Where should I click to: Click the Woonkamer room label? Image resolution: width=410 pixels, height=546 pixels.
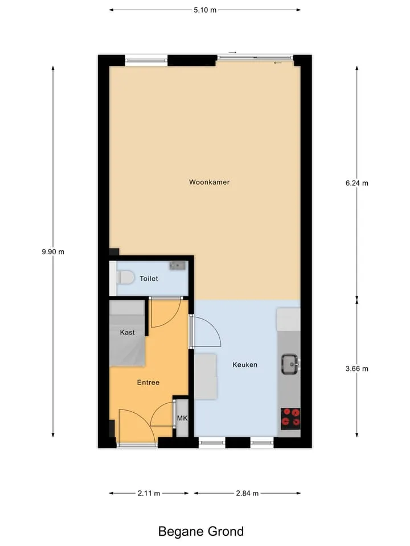pos(209,182)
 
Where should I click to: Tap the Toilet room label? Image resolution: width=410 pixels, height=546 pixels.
pos(149,279)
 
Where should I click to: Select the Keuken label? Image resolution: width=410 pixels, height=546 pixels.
pos(245,365)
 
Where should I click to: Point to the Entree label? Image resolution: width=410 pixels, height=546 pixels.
pos(148,382)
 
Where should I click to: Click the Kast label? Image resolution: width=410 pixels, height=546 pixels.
pos(127,332)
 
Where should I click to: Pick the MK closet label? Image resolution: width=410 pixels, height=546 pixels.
pos(182,418)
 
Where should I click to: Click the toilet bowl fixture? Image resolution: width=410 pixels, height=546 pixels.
pos(125,278)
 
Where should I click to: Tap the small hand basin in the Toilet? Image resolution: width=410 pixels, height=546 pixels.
pos(178,266)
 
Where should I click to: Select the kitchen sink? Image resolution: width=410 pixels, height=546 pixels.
pos(290,364)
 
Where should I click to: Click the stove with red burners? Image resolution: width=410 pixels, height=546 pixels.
pos(290,419)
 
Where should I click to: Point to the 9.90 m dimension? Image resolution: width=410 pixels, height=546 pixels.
pos(53,252)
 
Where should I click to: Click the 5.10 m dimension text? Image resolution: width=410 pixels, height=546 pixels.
pos(205,10)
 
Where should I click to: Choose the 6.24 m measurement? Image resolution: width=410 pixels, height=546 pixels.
pos(357,183)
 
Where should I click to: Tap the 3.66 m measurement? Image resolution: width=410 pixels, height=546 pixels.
pos(357,369)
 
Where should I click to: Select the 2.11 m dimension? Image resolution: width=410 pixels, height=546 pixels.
pos(149,494)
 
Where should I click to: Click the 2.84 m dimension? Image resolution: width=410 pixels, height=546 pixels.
pos(247,494)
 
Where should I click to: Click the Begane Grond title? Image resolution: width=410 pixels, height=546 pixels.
pos(201,532)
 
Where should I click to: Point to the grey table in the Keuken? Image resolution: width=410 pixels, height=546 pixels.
pos(206,377)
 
